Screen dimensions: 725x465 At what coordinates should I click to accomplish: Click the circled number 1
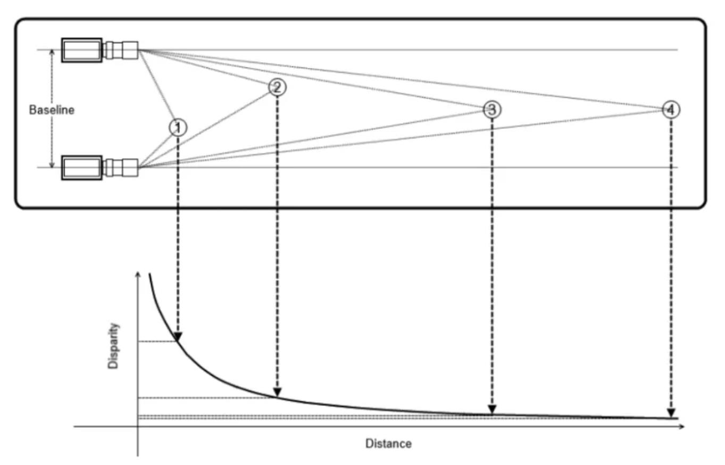[178, 128]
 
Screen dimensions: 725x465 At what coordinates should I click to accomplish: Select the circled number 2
[277, 87]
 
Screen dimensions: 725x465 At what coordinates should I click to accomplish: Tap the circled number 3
[492, 109]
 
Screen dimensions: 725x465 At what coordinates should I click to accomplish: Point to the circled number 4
[671, 110]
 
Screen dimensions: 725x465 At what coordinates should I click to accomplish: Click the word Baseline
[52, 110]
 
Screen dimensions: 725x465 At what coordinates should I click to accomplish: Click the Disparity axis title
[113, 346]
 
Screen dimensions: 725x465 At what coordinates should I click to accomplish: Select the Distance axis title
[388, 444]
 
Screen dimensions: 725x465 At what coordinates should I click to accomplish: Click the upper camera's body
[82, 50]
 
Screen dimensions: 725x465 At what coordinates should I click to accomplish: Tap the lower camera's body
[82, 168]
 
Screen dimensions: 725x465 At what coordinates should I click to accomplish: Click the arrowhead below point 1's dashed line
[178, 337]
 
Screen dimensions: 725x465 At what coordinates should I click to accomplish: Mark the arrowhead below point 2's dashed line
[277, 392]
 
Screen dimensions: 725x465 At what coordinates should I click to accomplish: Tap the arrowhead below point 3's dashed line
[492, 409]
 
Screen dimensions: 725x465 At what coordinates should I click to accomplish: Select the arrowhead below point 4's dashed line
[671, 413]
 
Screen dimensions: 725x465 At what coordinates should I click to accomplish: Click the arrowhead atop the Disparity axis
[138, 275]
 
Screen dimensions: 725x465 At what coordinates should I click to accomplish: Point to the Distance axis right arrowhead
[681, 427]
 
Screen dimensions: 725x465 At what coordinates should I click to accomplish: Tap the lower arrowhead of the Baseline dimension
[52, 164]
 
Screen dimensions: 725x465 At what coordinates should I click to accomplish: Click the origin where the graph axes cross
[138, 427]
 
